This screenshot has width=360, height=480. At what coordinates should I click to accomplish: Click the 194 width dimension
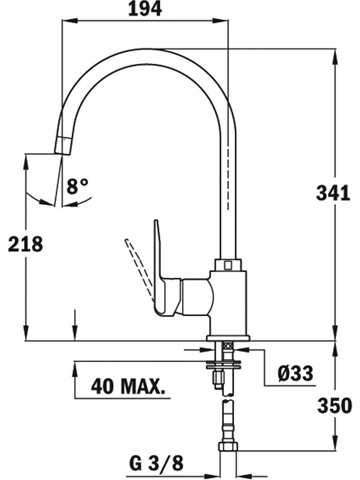pyautogui.click(x=145, y=9)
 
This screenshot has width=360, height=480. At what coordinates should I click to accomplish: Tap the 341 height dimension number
pyautogui.click(x=333, y=193)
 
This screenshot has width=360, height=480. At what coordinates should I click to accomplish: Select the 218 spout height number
pyautogui.click(x=25, y=244)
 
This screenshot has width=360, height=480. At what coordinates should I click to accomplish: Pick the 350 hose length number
pyautogui.click(x=334, y=406)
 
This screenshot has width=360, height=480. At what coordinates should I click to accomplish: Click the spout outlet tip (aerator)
pyautogui.click(x=63, y=146)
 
